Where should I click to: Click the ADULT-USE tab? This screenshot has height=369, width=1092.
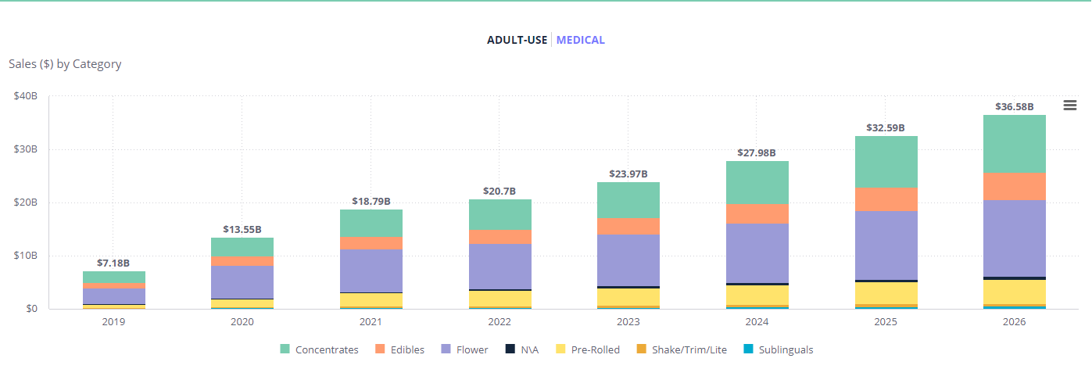(x=517, y=40)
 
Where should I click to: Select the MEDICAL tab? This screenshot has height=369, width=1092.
(x=580, y=40)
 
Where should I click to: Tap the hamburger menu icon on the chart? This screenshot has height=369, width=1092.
(x=1070, y=106)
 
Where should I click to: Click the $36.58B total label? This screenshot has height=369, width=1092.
(x=1014, y=106)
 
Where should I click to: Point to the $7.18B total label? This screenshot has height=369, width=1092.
(x=113, y=263)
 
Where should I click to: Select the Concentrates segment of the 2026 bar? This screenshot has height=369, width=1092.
(x=1015, y=144)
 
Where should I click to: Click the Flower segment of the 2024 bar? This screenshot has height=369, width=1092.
(x=757, y=253)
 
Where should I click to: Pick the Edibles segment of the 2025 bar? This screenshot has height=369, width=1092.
(x=886, y=199)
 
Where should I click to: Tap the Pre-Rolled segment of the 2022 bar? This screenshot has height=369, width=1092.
(x=499, y=298)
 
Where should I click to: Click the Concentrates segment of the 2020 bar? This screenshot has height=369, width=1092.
(x=242, y=246)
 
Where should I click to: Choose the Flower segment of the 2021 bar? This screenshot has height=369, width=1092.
(x=371, y=270)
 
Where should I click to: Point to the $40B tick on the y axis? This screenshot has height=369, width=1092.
(x=26, y=96)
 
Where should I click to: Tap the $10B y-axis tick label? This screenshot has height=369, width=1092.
(x=26, y=256)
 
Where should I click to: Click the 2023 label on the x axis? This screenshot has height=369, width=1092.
(x=628, y=321)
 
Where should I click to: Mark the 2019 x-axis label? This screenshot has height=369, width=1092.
(x=113, y=321)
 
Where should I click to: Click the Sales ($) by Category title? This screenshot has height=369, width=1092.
(x=65, y=64)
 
